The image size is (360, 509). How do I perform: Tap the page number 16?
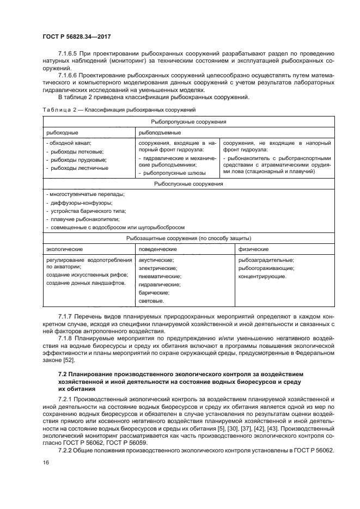coord(46,463)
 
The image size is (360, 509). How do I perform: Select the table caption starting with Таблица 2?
coord(118,111)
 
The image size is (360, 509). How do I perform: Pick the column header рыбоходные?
coord(62,132)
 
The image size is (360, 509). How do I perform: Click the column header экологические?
coord(64,249)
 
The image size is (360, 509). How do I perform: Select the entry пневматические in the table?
coord(160,276)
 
